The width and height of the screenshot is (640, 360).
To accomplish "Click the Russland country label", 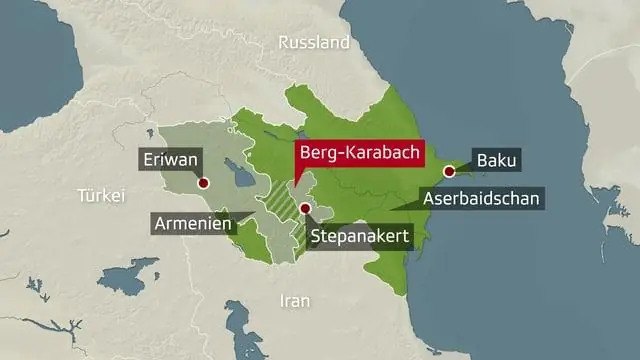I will [x=314, y=43].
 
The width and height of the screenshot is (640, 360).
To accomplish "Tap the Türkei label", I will [x=101, y=196].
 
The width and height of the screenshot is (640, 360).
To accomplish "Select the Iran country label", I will [x=294, y=300].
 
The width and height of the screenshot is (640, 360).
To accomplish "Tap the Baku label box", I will [x=498, y=160].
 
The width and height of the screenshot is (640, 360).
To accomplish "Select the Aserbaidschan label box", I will [x=482, y=198].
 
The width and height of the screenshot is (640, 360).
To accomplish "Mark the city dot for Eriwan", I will [x=203, y=184].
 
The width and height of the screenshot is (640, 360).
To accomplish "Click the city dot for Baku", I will [x=449, y=172].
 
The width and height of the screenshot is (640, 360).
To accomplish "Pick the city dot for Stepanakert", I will [x=304, y=208].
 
